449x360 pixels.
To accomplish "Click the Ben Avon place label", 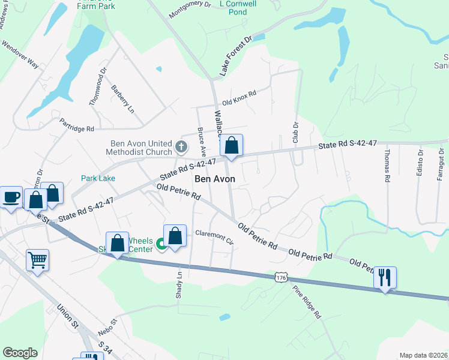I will click(214, 179).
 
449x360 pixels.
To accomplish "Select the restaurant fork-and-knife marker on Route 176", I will click(385, 278).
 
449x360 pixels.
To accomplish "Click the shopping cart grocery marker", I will click(37, 260).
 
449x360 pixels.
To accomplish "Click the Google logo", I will click(20, 353).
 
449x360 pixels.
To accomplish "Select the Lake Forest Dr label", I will click(233, 55).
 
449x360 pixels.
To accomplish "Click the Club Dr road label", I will click(295, 132).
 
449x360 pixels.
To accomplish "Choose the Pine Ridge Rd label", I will click(307, 301).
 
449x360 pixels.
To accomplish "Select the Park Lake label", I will click(98, 178).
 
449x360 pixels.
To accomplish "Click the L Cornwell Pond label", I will click(238, 7).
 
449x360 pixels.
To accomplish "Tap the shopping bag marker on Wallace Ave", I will click(231, 146).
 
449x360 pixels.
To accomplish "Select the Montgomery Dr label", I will click(190, 11).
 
